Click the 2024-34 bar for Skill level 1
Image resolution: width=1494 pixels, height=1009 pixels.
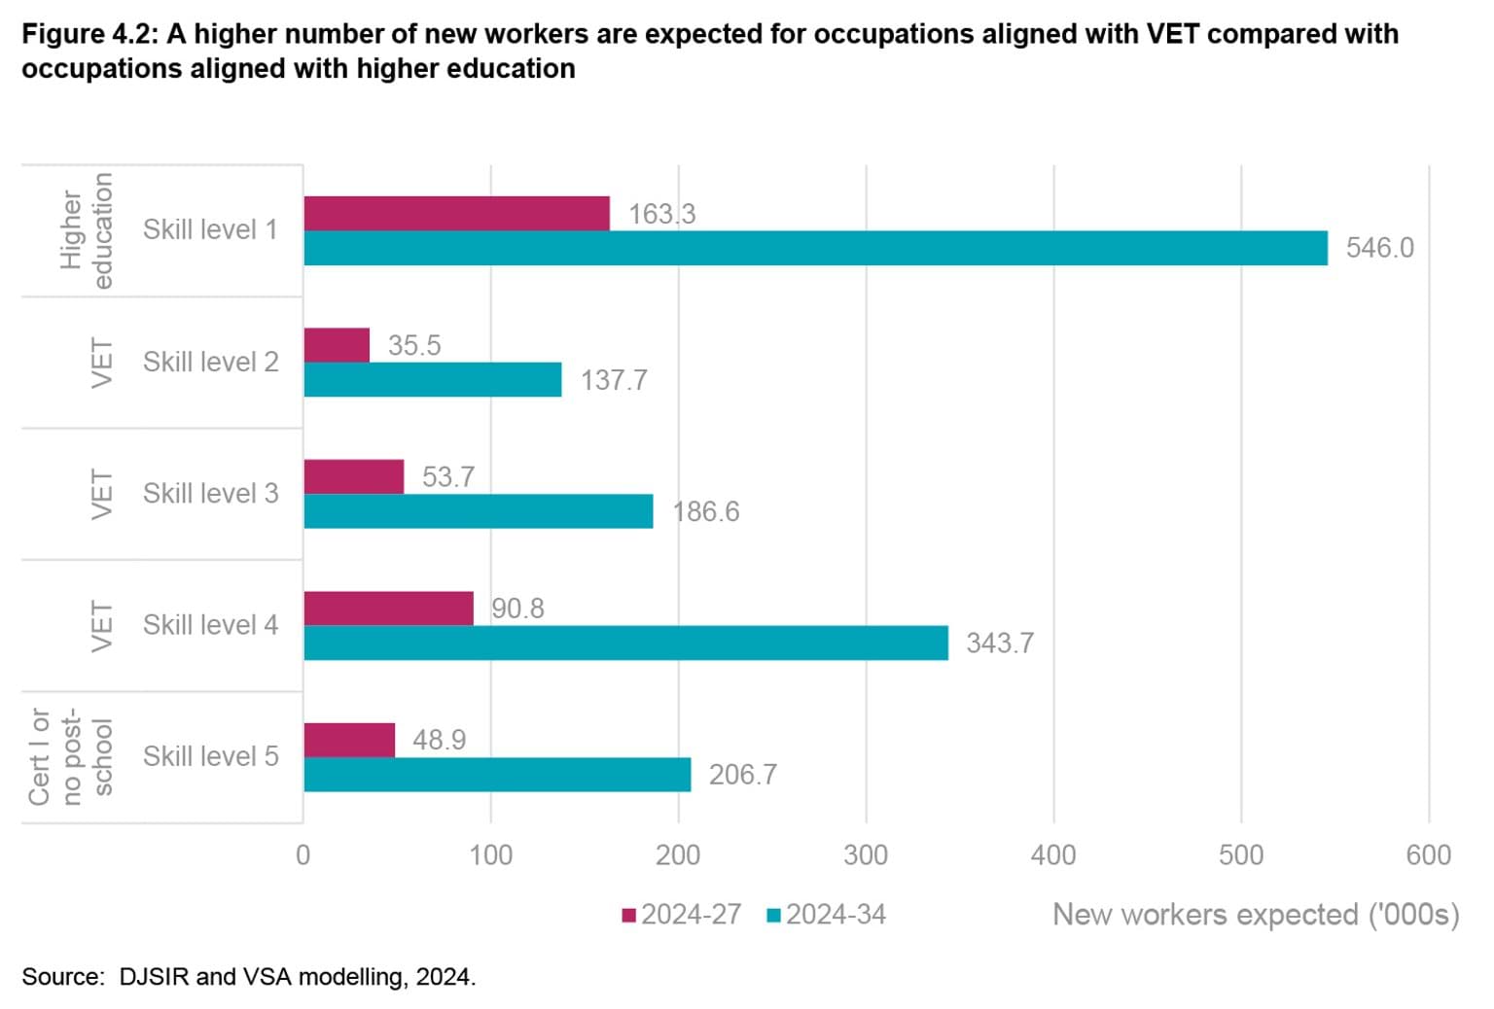(815, 248)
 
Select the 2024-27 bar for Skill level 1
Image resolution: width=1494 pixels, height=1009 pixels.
(456, 213)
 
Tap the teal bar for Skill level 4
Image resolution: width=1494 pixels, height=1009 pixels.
(625, 643)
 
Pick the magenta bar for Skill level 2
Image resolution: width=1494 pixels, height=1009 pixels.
(337, 345)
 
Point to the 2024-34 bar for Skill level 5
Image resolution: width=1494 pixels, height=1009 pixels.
(497, 774)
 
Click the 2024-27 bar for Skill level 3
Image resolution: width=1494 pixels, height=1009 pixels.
(353, 476)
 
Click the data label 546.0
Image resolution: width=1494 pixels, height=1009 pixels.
(1379, 248)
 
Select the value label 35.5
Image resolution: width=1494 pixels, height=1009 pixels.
(414, 345)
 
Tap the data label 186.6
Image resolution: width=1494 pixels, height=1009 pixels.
(705, 511)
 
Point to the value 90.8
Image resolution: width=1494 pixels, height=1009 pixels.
(517, 609)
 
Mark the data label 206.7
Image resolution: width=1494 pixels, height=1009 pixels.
(742, 775)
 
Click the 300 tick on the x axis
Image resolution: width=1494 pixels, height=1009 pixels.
(866, 854)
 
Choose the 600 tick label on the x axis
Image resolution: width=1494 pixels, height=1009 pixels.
(1428, 854)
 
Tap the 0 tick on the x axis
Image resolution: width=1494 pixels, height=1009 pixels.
(303, 854)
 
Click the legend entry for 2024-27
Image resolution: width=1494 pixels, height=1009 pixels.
(682, 915)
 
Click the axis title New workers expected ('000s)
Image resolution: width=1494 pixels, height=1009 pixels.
(1255, 915)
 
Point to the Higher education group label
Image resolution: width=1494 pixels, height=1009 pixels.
(86, 230)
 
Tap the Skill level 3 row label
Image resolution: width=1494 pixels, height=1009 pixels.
(210, 494)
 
